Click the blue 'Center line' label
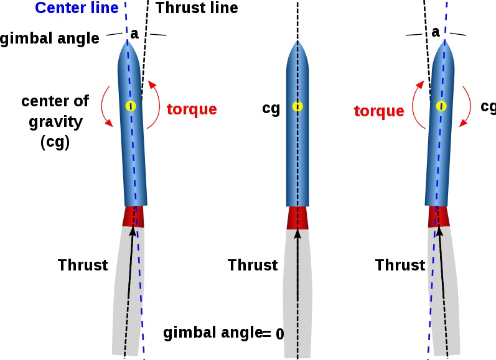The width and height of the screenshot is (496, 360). (77, 9)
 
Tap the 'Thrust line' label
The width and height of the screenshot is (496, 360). (197, 9)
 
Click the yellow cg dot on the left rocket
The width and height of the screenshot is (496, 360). (130, 106)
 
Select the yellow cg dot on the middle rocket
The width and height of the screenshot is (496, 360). (297, 107)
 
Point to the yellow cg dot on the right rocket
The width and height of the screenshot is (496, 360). (441, 106)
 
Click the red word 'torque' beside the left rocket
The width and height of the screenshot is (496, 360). (192, 109)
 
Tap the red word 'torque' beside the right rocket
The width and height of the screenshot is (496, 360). (379, 111)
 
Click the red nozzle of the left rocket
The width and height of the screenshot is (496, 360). (133, 216)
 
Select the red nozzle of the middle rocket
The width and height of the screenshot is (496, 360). (297, 218)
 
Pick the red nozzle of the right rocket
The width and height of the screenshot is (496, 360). (439, 216)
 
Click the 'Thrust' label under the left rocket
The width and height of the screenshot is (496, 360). (83, 265)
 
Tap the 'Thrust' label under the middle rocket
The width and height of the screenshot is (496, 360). (252, 265)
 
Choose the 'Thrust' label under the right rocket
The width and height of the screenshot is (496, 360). (400, 265)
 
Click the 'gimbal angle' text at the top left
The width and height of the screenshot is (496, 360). (50, 39)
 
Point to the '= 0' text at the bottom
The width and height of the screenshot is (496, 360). (273, 334)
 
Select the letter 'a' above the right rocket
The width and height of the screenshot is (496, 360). (436, 31)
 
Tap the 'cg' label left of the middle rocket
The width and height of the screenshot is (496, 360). (271, 109)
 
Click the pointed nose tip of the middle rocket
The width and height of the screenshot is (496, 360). (297, 42)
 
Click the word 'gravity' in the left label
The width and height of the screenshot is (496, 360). (55, 121)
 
